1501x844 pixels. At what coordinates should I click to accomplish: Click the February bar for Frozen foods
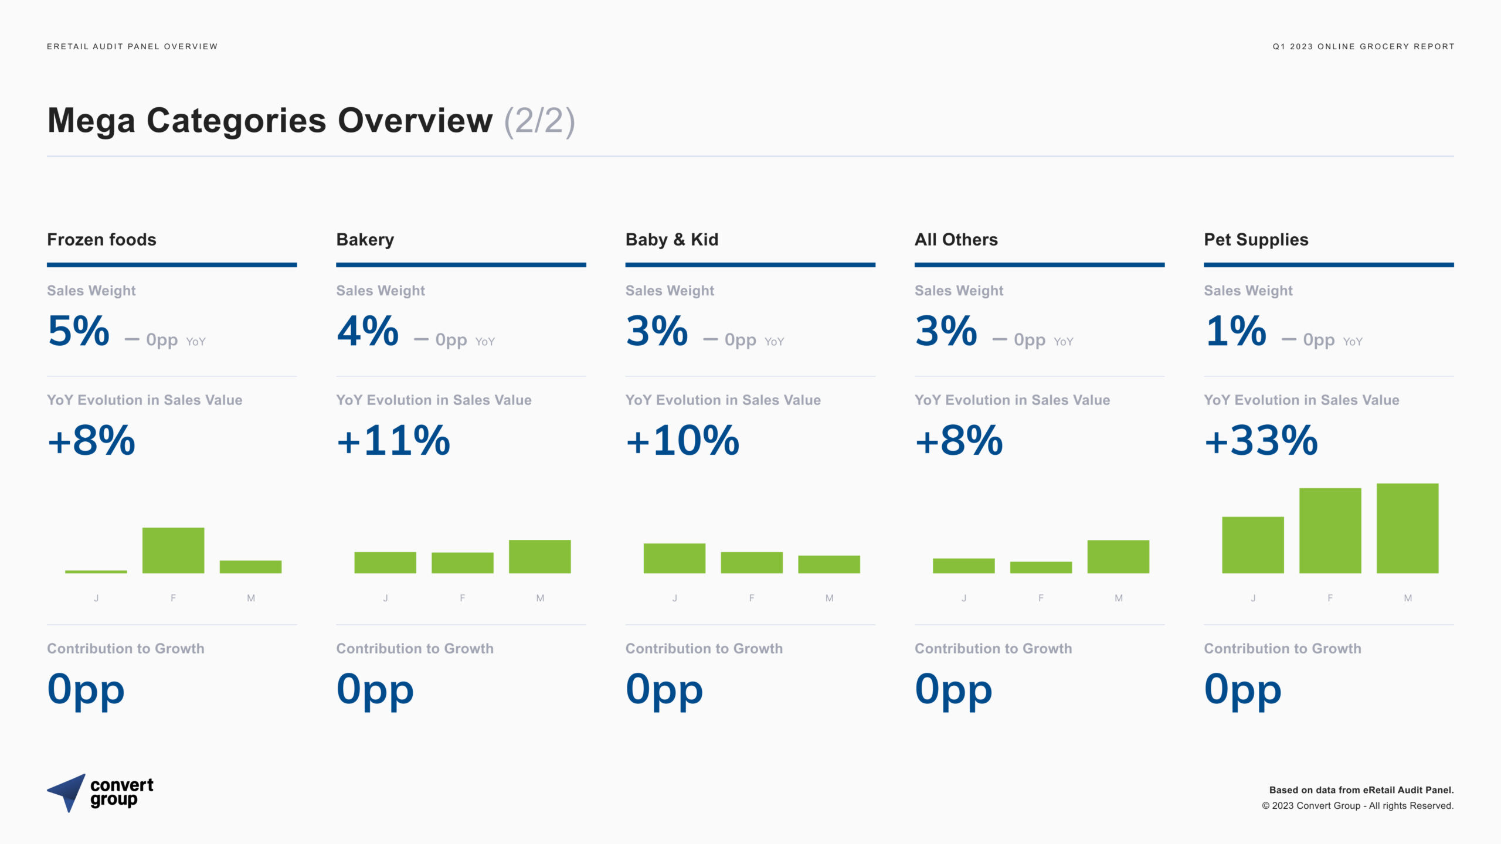click(173, 550)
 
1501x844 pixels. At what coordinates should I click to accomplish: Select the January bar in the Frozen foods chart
click(96, 571)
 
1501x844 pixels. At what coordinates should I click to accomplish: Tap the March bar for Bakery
click(539, 556)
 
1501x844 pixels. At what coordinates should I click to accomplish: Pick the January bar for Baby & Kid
click(674, 558)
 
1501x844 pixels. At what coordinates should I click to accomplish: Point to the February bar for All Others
click(1041, 567)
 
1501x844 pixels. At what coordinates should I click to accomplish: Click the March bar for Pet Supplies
click(1407, 528)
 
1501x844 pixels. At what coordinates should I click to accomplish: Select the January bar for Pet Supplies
click(1253, 545)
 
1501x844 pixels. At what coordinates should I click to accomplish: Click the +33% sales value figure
click(1261, 440)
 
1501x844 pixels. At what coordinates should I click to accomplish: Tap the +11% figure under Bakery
click(393, 440)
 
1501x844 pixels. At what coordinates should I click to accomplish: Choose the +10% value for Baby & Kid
click(682, 440)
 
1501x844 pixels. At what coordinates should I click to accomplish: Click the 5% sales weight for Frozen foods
click(79, 331)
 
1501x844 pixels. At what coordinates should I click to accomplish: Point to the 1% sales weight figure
click(1236, 331)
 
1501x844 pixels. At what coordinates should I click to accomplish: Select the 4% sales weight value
click(368, 331)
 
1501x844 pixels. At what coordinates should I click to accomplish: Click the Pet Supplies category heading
click(1256, 240)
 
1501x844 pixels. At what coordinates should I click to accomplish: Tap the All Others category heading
click(956, 240)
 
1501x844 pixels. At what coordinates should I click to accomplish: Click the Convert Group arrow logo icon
click(66, 792)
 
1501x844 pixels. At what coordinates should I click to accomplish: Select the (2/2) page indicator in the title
click(539, 121)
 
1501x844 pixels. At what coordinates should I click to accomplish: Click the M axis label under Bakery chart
click(540, 598)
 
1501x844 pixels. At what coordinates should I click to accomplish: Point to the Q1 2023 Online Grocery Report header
click(1363, 46)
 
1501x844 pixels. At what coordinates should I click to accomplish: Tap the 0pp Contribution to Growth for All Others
click(953, 690)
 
